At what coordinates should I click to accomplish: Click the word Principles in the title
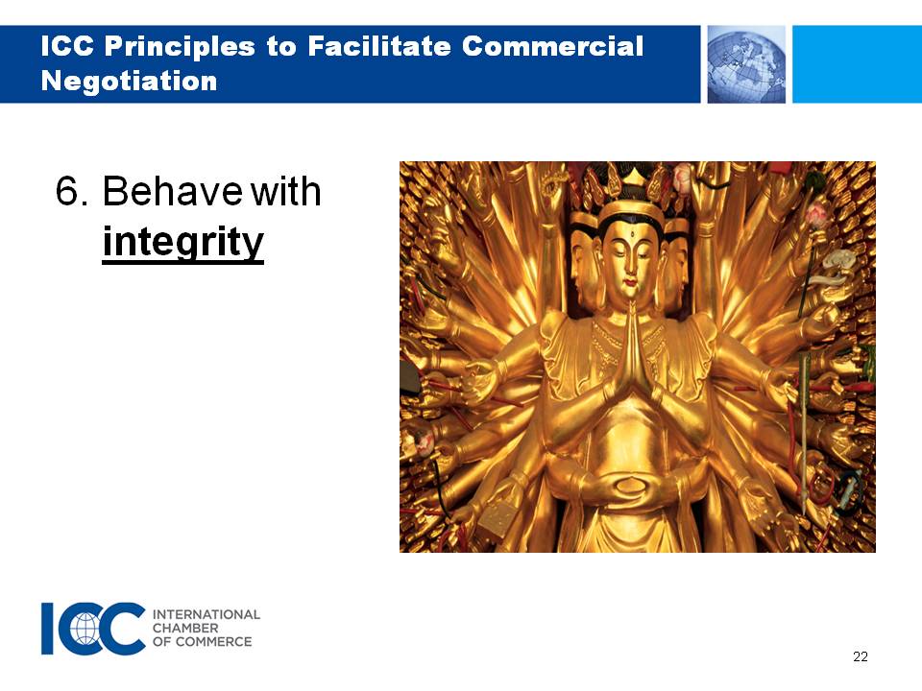tap(180, 47)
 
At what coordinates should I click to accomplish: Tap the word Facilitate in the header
tap(378, 46)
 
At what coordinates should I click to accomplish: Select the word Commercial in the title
tap(552, 46)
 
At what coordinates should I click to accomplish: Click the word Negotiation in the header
tap(129, 81)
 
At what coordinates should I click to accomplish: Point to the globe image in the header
tap(746, 64)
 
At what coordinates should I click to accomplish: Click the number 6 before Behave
tap(67, 191)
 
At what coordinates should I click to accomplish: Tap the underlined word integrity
tap(182, 242)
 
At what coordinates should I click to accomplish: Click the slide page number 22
tap(861, 656)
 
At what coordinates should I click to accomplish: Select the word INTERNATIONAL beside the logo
tap(206, 614)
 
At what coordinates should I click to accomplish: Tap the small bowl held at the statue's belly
tap(630, 486)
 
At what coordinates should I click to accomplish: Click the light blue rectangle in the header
tap(858, 64)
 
